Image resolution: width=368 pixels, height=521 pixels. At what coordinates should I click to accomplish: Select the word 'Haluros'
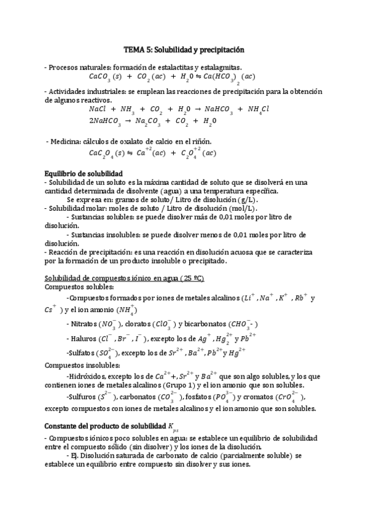[83, 338]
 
